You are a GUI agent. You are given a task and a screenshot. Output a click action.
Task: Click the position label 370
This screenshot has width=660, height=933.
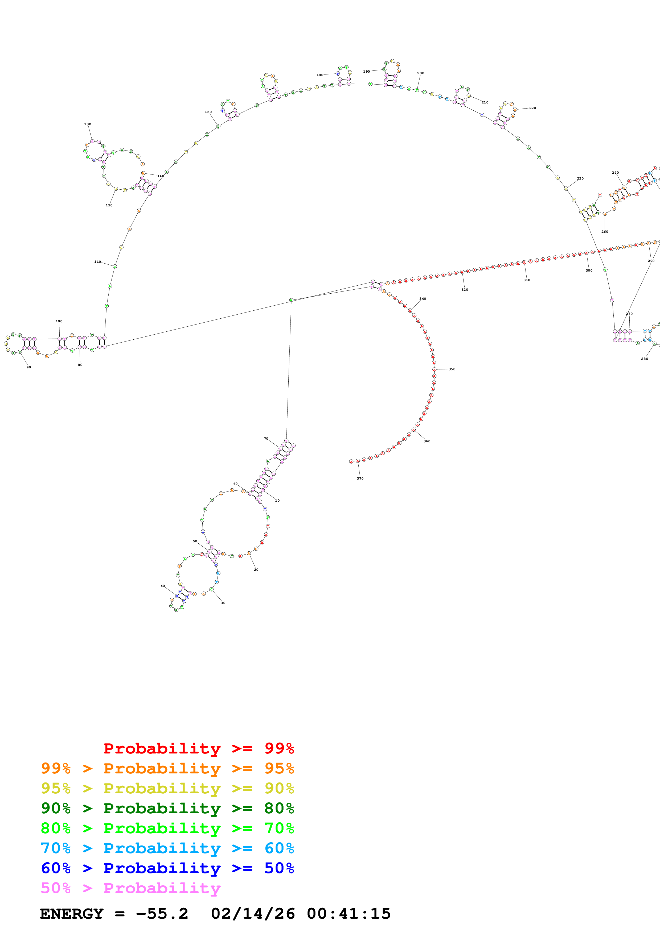360,478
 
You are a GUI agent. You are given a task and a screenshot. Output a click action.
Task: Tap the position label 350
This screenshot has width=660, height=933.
452,369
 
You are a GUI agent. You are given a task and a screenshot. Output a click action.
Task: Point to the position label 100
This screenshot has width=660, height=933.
59,321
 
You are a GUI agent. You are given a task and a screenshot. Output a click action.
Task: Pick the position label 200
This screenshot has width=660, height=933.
420,73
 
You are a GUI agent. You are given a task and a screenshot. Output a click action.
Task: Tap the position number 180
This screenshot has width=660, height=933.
320,75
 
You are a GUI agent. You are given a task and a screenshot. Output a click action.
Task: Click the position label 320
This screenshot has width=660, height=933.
464,290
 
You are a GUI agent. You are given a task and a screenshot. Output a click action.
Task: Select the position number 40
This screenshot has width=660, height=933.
163,586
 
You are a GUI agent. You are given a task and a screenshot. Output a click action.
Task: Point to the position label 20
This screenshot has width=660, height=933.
256,570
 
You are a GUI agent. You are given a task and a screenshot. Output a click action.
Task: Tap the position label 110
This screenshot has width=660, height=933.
98,262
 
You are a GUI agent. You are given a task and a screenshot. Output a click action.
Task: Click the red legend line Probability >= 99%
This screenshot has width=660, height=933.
198,748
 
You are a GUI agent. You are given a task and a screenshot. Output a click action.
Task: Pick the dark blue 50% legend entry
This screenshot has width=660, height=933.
167,868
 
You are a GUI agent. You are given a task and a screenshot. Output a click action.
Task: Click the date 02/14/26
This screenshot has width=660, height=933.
253,914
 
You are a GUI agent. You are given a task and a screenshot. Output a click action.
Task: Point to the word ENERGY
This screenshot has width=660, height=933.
72,914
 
